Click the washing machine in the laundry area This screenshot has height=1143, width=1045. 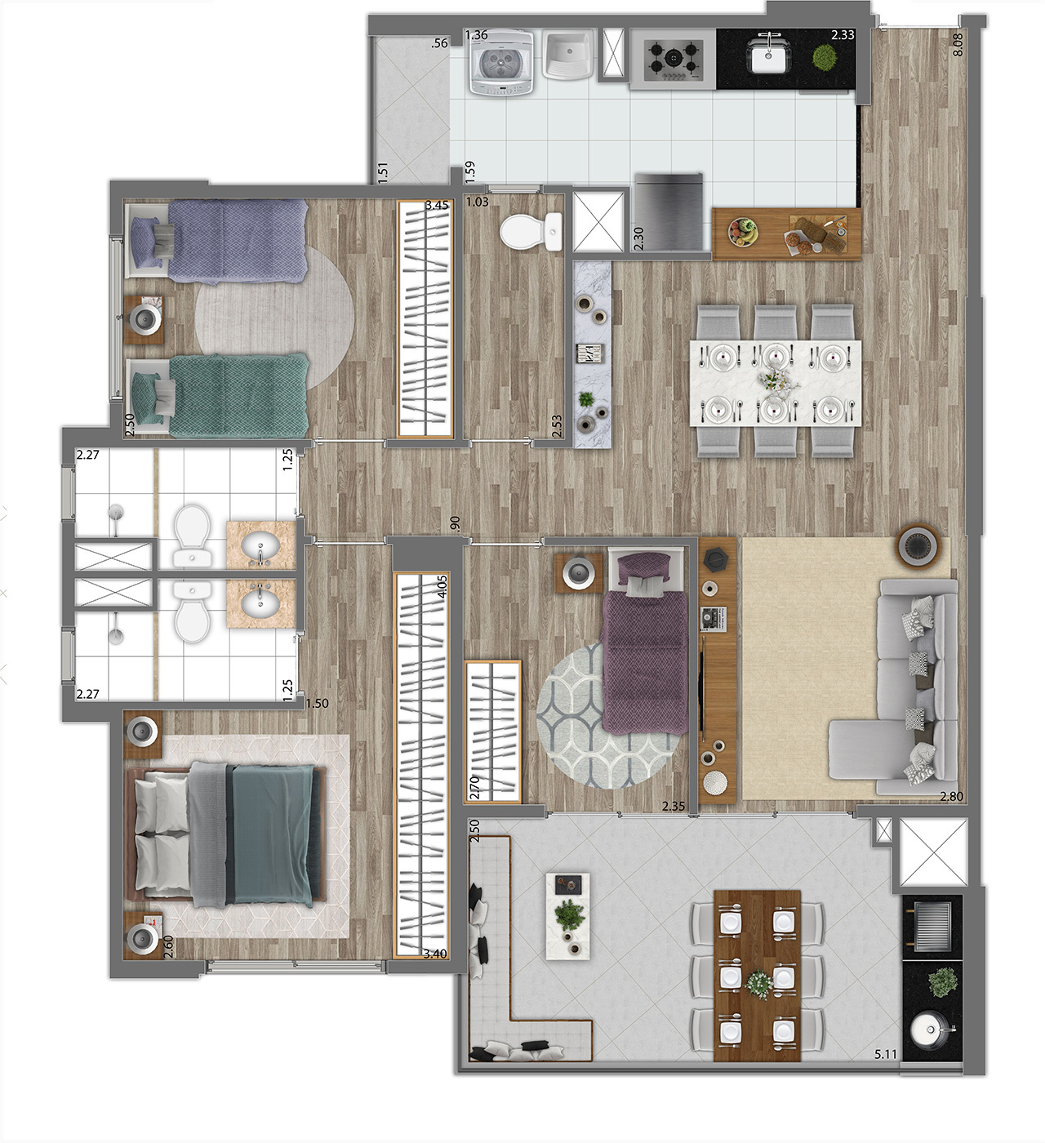point(501,63)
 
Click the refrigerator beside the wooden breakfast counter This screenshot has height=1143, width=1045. point(669,212)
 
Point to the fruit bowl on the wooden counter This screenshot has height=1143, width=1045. point(743,233)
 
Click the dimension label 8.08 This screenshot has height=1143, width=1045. point(958,44)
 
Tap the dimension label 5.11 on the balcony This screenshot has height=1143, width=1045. point(886,1054)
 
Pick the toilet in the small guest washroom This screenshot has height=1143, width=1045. point(531,231)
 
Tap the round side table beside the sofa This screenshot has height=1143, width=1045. point(919,545)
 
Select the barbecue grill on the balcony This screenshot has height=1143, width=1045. point(932,927)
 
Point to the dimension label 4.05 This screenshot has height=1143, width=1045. point(442,586)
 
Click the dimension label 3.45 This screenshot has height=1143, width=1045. point(437,205)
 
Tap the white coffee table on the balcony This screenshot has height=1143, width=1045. point(567,916)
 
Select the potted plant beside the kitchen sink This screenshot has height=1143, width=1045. point(824,56)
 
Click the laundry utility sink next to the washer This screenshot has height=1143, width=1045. point(569,55)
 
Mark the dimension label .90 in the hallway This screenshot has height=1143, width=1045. point(455,523)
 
